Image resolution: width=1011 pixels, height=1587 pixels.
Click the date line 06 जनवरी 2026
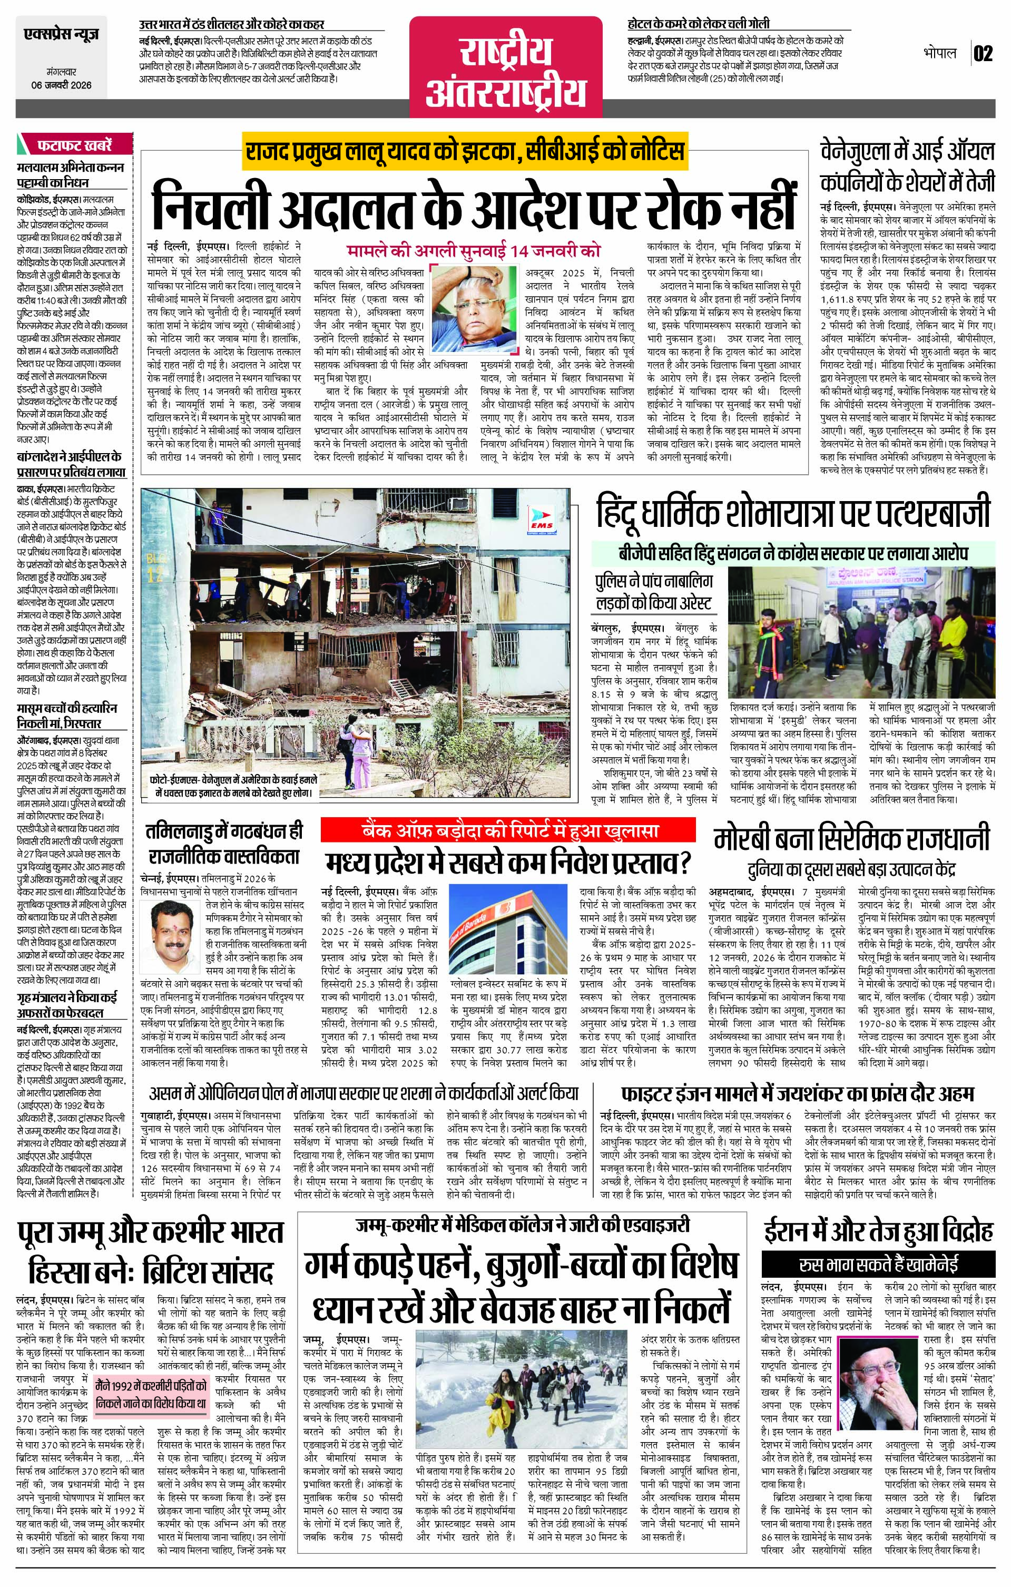[61, 85]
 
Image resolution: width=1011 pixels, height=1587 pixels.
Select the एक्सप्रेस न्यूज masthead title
[61, 35]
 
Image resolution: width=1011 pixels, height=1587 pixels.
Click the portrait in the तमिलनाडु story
[166, 930]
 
